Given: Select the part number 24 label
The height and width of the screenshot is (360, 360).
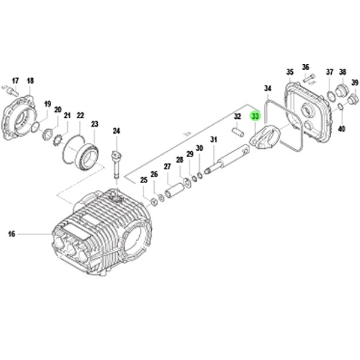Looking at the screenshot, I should (x=116, y=131).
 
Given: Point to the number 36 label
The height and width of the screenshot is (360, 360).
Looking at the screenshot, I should (x=305, y=67).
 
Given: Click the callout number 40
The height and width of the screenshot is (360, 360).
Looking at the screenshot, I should (x=341, y=128).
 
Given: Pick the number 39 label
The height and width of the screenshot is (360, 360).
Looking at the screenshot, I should (x=355, y=82).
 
